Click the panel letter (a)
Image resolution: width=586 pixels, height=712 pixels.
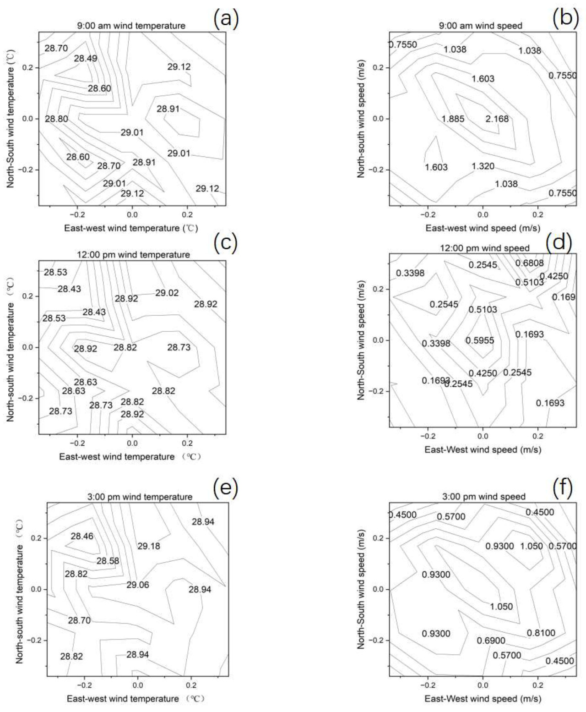pos(226,19)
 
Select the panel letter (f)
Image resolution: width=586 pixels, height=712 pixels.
pos(563,488)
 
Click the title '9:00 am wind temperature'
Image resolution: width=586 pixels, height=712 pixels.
pos(131,26)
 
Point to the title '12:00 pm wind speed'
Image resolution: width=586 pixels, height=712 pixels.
pos(484,248)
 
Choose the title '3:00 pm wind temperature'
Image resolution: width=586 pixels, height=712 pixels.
pos(140,497)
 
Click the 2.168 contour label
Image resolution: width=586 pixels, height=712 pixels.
pos(497,119)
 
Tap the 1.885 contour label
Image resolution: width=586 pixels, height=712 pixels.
pos(453,119)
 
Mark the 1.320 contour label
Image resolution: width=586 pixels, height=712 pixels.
pos(483,166)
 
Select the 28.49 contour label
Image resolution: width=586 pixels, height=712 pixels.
pos(85,58)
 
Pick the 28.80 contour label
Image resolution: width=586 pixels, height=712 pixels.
pos(57,119)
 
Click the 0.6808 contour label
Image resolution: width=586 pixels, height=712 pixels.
pos(530,263)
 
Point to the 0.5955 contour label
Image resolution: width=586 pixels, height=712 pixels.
pos(480,340)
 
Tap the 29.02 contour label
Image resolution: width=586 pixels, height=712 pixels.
pos(167,293)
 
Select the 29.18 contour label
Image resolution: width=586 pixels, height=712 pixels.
pos(149,546)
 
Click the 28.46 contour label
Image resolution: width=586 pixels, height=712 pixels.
pos(82,536)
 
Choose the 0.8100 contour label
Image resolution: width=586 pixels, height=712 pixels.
pos(541,633)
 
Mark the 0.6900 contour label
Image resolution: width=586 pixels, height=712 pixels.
pos(491,640)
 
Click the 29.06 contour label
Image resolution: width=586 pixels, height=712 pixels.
pos(137,585)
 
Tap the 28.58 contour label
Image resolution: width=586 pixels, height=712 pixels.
pos(108,560)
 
